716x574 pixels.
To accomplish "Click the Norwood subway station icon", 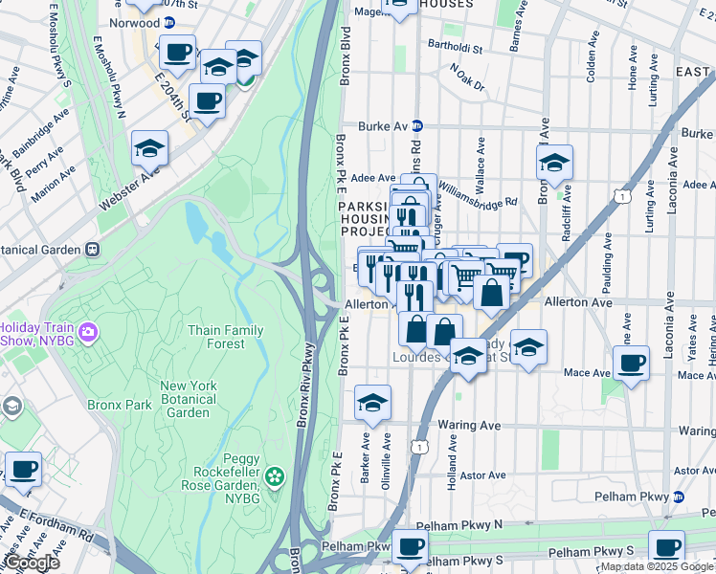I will pyautogui.click(x=169, y=22).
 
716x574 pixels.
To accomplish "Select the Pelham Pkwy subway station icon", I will pyautogui.click(x=679, y=497).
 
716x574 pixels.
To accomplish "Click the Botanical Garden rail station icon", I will pyautogui.click(x=93, y=248).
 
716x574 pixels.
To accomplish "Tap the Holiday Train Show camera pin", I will pyautogui.click(x=89, y=332).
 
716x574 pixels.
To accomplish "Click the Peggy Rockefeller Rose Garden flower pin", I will pyautogui.click(x=275, y=475).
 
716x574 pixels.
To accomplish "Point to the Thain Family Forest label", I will pyautogui.click(x=226, y=337).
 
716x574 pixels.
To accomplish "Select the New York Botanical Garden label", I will pyautogui.click(x=189, y=399).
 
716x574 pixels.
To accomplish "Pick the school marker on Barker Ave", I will pyautogui.click(x=372, y=404).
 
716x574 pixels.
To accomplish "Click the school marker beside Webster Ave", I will pyautogui.click(x=150, y=148).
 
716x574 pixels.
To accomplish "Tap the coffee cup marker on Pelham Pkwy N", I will pyautogui.click(x=411, y=546).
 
